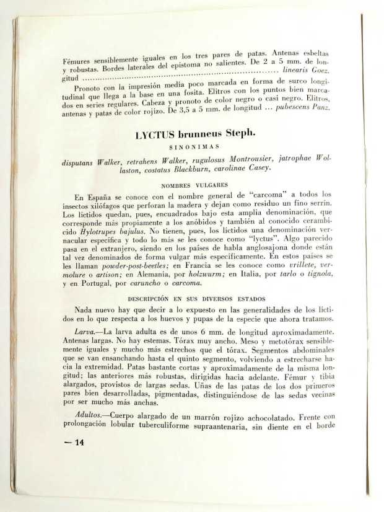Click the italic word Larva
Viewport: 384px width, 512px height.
(x=85, y=331)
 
